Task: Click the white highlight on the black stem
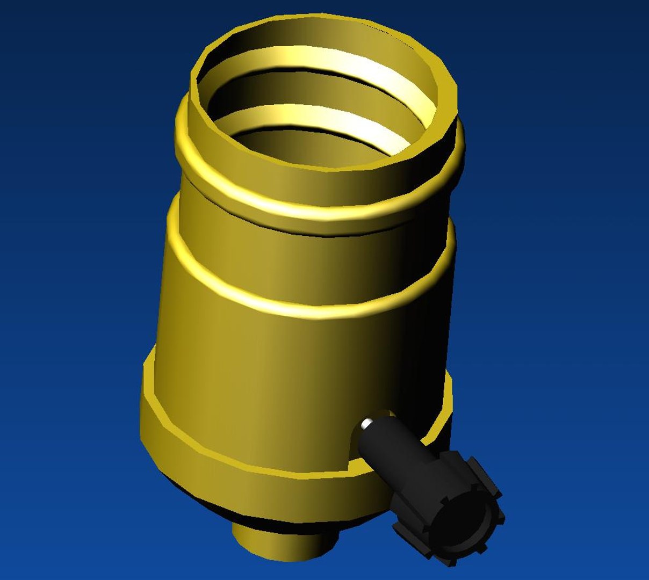tap(366, 424)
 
